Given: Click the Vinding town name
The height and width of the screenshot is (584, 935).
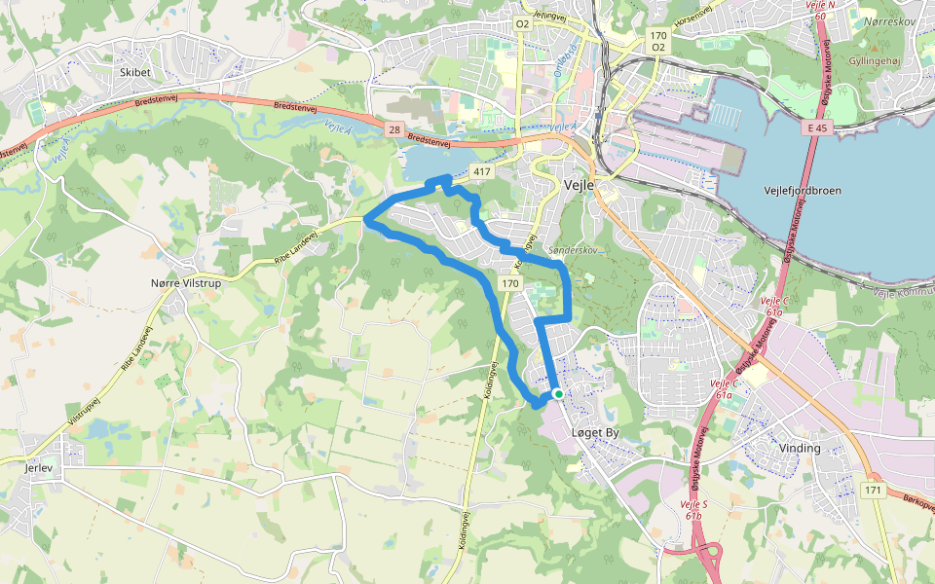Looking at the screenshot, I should click(800, 448).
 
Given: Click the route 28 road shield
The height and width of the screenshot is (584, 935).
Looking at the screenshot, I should click(393, 129).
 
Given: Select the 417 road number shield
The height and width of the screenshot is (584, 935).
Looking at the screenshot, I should click(481, 171).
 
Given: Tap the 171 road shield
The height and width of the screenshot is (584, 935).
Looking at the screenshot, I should click(873, 491).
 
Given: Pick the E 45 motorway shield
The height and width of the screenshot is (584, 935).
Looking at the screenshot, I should click(816, 128).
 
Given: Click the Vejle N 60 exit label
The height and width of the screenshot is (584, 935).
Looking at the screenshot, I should click(820, 11).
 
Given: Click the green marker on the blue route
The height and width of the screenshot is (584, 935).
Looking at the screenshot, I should click(558, 393).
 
